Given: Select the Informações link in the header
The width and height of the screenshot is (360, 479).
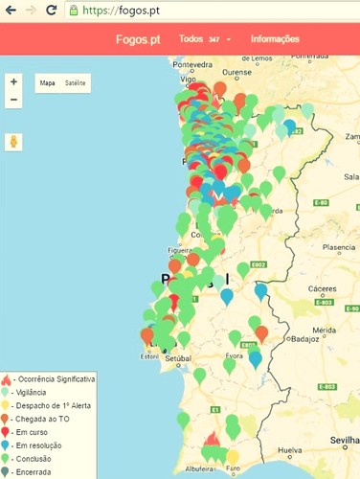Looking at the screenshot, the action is [x=275, y=39].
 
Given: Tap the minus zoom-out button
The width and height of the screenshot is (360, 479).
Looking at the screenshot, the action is [x=13, y=100].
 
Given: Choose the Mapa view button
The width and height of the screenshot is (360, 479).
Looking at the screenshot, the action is [x=47, y=83].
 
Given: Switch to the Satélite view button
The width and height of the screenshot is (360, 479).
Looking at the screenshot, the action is [x=76, y=83].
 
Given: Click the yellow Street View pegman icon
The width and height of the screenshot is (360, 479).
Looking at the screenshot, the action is [x=13, y=142].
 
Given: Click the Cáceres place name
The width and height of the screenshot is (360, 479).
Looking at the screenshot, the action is [x=332, y=287].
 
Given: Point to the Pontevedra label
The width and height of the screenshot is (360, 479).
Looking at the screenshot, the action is [x=192, y=63].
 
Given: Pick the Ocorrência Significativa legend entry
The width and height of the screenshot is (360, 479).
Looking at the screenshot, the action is [x=55, y=380].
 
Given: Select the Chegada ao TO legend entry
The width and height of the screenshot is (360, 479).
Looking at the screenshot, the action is [x=43, y=419].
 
